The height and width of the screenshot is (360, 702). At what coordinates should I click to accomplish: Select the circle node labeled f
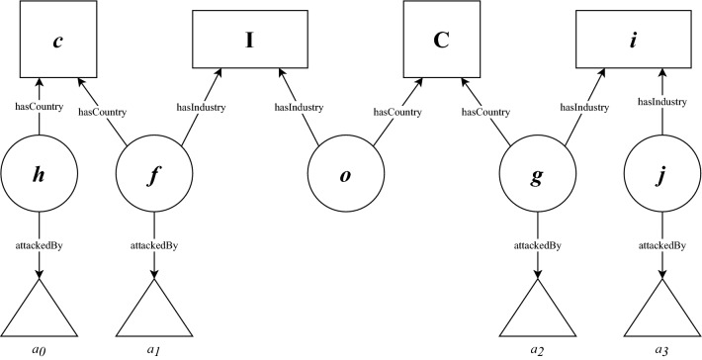pyautogui.click(x=151, y=177)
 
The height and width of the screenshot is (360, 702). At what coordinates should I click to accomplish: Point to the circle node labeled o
pyautogui.click(x=345, y=177)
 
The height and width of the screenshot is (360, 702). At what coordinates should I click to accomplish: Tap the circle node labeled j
pyautogui.click(x=660, y=177)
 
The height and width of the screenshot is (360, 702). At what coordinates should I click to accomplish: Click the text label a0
pyautogui.click(x=39, y=350)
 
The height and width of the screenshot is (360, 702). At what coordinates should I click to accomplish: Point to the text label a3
pyautogui.click(x=660, y=350)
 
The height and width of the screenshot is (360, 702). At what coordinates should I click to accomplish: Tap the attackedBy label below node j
pyautogui.click(x=660, y=243)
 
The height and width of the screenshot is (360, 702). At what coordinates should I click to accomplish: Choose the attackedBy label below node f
pyautogui.click(x=151, y=243)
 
